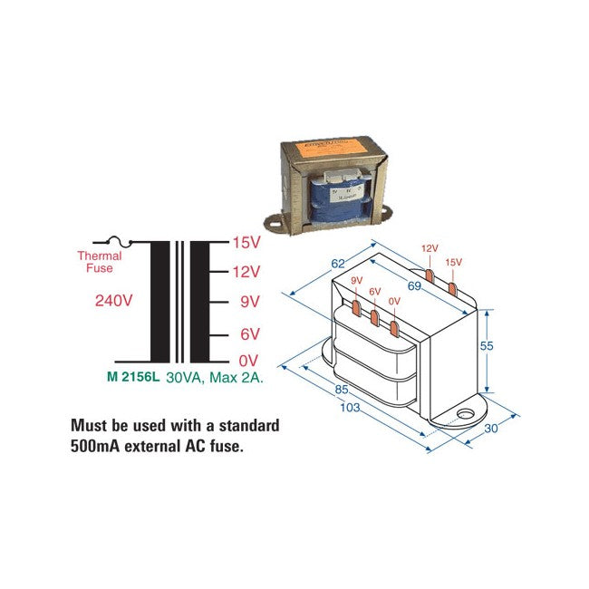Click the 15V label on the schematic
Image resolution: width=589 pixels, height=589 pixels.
pyautogui.click(x=246, y=243)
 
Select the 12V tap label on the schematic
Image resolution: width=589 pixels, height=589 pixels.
pyautogui.click(x=246, y=272)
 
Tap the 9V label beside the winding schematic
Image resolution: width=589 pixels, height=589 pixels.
pyautogui.click(x=249, y=301)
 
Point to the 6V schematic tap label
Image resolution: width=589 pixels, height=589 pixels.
pyautogui.click(x=249, y=334)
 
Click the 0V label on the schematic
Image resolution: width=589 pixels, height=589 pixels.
pyautogui.click(x=249, y=361)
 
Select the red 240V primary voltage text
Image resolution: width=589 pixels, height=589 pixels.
pyautogui.click(x=114, y=300)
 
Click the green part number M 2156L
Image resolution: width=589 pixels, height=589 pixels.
pyautogui.click(x=133, y=377)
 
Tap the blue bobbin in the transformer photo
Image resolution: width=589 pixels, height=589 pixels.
pyautogui.click(x=340, y=199)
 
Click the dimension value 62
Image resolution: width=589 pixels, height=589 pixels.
pyautogui.click(x=338, y=264)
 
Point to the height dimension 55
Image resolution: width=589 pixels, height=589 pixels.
pyautogui.click(x=510, y=346)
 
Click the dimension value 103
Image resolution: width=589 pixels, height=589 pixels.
pyautogui.click(x=349, y=408)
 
